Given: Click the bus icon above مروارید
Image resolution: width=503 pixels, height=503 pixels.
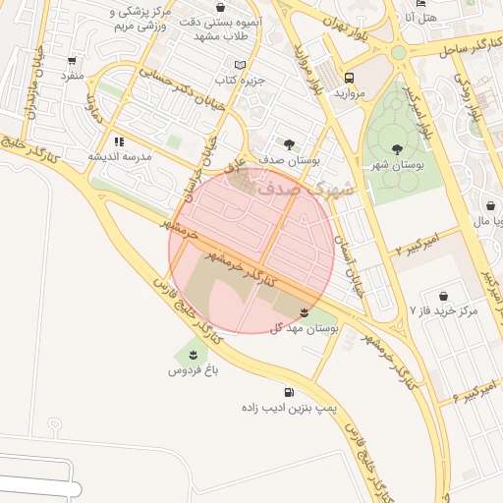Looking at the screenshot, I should (350, 77).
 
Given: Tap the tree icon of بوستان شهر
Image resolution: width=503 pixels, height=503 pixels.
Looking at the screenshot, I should (397, 149).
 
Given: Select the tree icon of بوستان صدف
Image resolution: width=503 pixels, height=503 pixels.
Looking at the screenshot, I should (289, 144).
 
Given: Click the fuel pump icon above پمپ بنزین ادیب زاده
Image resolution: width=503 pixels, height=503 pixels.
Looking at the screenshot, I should (288, 392).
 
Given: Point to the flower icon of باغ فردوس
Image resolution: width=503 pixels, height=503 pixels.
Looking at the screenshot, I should (193, 355).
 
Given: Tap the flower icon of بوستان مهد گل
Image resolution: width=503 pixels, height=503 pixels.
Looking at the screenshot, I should (303, 312).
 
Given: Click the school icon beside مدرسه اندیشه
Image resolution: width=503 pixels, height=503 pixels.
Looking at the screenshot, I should (120, 141).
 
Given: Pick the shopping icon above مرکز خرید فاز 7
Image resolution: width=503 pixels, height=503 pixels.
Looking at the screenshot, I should (443, 295).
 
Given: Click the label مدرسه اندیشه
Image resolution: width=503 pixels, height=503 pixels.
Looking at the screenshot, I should (120, 157).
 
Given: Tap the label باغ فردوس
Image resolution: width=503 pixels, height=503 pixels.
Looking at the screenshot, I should (191, 370).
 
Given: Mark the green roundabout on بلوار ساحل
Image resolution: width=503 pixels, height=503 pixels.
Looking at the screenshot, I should (398, 53).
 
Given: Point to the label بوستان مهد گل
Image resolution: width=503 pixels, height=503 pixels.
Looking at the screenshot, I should (305, 328).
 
